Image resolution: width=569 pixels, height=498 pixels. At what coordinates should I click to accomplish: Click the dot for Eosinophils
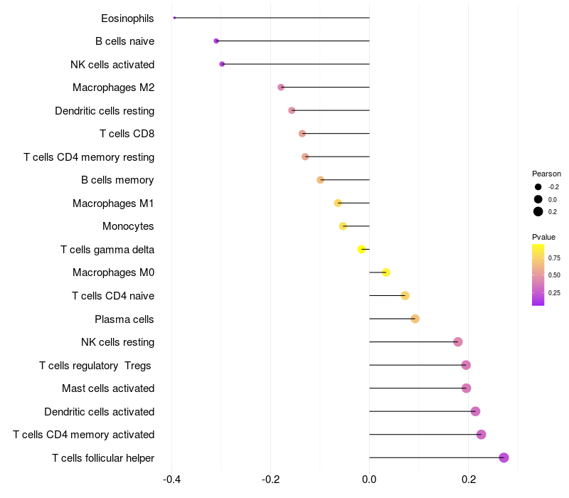(x=174, y=18)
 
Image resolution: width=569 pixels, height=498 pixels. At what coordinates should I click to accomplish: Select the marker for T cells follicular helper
(x=504, y=457)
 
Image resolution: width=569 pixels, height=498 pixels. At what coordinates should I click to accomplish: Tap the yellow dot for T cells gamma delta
(x=362, y=249)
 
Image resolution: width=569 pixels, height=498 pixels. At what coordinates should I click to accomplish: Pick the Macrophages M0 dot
(x=386, y=272)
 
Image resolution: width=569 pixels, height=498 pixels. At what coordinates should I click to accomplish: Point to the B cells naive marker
(x=216, y=41)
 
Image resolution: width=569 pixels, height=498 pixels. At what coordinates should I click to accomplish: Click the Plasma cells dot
(x=415, y=319)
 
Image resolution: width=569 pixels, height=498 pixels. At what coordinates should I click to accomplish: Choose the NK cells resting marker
(x=458, y=342)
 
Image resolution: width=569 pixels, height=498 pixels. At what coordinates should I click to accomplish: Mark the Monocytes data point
(x=343, y=226)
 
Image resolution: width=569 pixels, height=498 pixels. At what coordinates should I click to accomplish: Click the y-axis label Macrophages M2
(x=113, y=88)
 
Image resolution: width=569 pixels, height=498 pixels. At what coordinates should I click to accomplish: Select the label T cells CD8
(x=127, y=134)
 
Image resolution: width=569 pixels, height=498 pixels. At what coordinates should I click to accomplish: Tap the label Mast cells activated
(x=108, y=388)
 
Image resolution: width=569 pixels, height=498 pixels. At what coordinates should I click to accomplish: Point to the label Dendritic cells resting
(x=105, y=111)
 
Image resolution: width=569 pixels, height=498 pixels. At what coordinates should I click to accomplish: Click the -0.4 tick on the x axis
(x=171, y=480)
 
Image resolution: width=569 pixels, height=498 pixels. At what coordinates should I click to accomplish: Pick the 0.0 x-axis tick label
(x=369, y=480)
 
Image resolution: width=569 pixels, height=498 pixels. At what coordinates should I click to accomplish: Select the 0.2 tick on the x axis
(x=469, y=480)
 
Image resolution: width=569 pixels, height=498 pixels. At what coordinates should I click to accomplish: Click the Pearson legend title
(x=546, y=174)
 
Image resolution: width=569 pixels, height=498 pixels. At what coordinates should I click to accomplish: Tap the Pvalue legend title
(x=543, y=237)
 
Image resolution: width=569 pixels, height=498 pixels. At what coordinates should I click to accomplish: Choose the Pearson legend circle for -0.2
(x=538, y=187)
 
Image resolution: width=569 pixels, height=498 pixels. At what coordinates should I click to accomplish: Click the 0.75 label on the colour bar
(x=554, y=258)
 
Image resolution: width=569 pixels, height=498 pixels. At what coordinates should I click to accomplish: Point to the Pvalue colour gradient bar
(x=538, y=275)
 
